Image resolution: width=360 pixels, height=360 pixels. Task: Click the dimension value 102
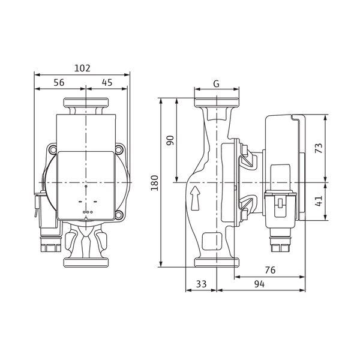[x=82, y=68]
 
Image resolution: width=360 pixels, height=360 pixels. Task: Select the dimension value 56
[x=59, y=82]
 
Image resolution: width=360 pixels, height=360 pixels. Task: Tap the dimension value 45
[x=107, y=82]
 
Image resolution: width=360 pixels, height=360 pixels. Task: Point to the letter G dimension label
[x=217, y=84]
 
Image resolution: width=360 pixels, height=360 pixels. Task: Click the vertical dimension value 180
[x=155, y=183]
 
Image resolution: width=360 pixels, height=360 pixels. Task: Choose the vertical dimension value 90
[x=170, y=140]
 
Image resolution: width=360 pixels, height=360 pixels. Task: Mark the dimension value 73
[x=319, y=148]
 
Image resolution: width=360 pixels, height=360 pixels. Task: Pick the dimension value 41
[x=319, y=201]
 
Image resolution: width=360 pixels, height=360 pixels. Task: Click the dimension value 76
[x=270, y=270]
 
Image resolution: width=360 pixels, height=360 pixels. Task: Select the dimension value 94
[x=259, y=284]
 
